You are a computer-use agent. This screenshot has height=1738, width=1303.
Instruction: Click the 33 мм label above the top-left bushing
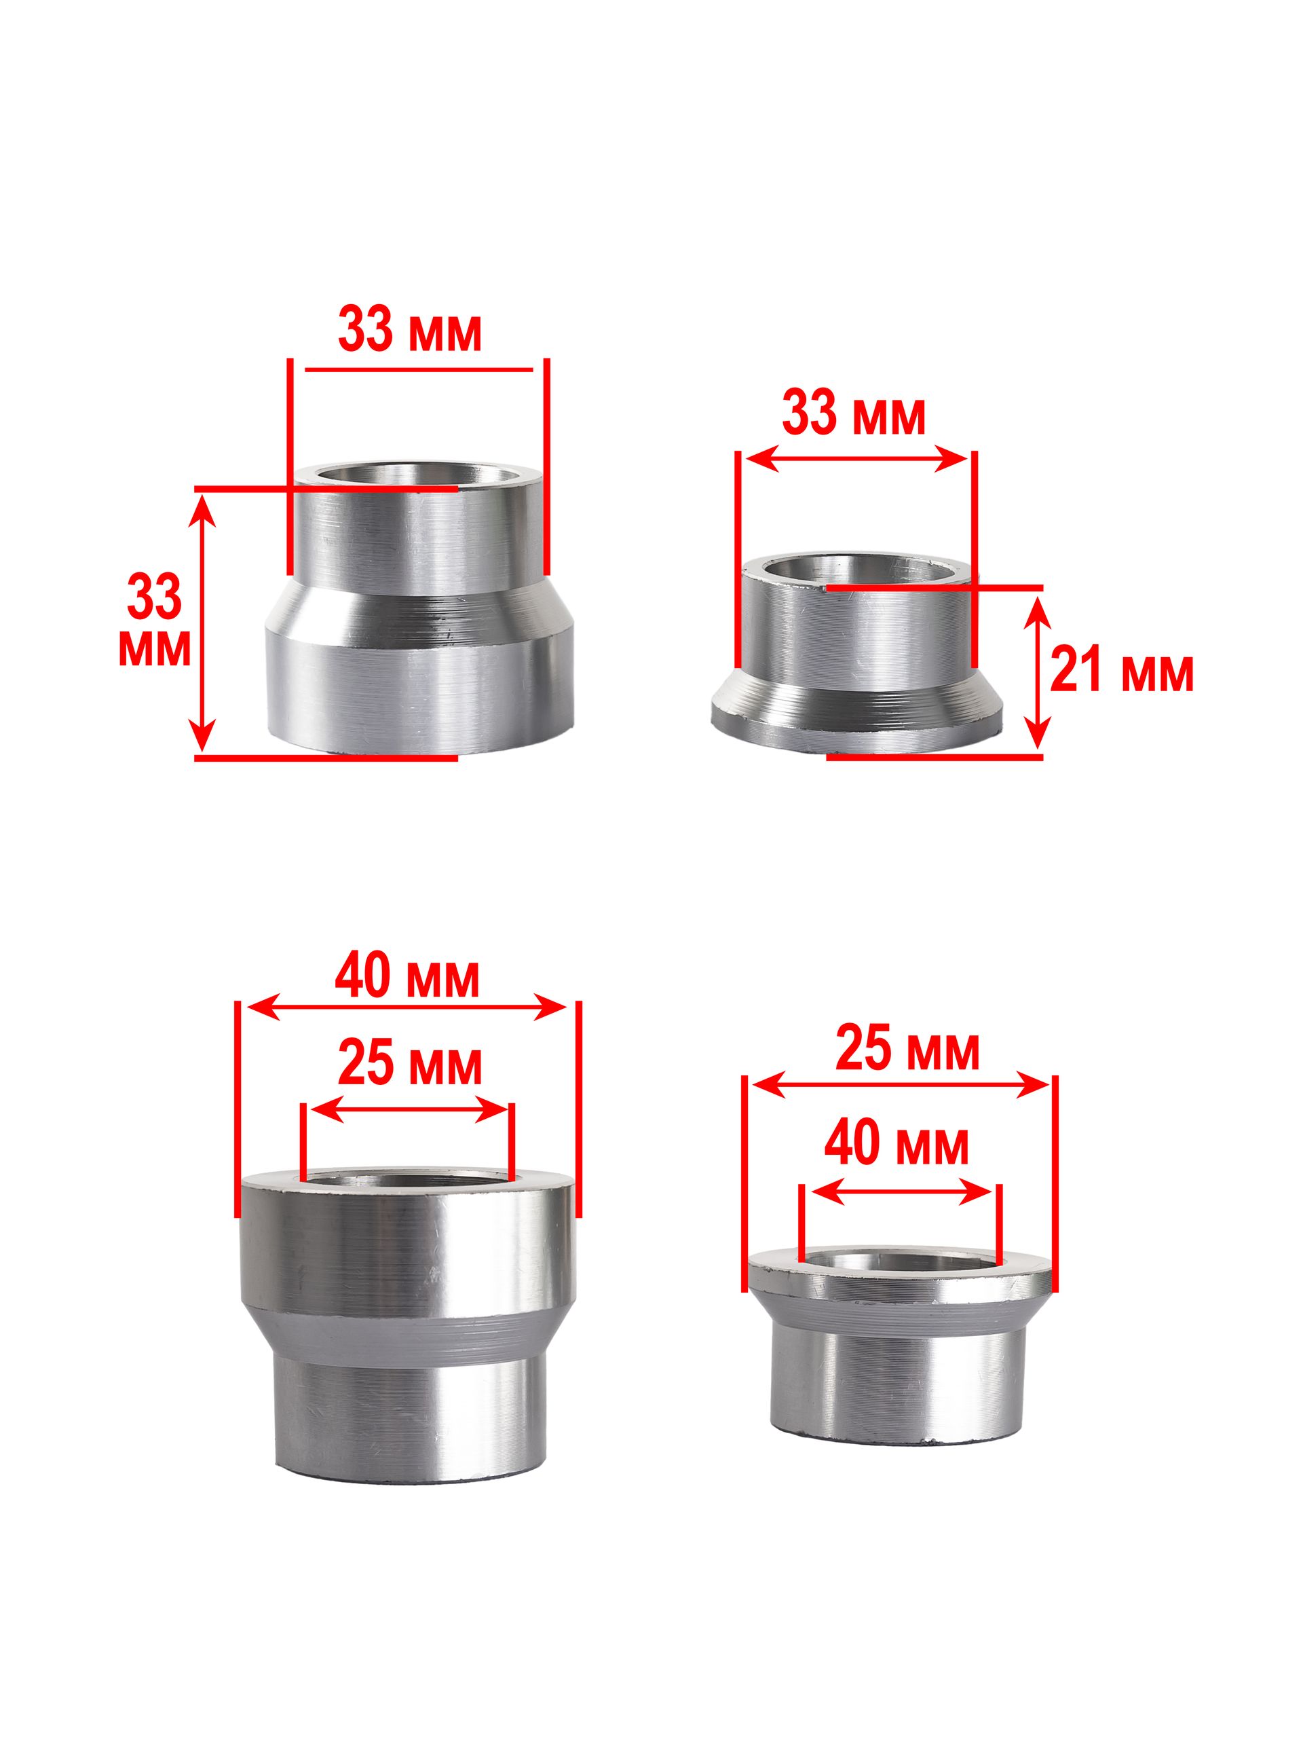(x=409, y=331)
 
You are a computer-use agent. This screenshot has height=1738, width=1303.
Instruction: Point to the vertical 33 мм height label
(x=154, y=620)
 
